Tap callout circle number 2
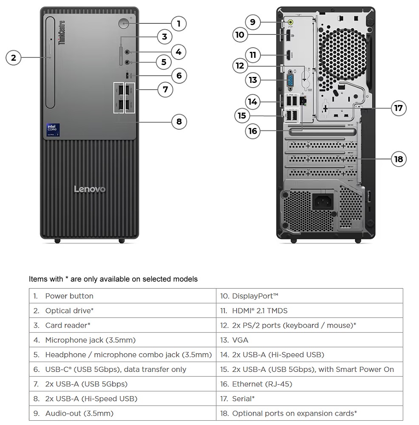[14, 57]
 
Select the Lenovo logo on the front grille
[90, 189]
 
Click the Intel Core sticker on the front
[53, 130]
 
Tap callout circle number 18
[398, 159]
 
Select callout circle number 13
[253, 79]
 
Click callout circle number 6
[179, 76]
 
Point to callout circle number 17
[398, 108]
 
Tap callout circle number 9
[253, 22]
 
